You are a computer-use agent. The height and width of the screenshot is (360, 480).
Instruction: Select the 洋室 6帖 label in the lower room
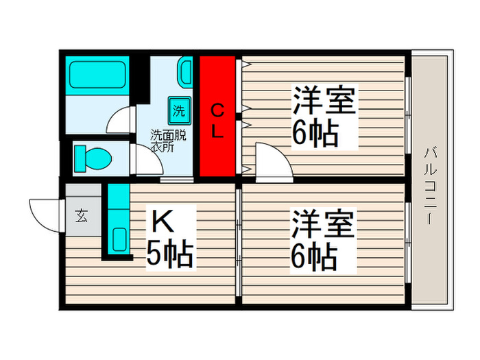(322, 240)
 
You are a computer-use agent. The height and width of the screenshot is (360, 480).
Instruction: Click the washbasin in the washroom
(186, 72)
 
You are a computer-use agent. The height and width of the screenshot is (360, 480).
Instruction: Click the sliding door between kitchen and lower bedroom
(238, 243)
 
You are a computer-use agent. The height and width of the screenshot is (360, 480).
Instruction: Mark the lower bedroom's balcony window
(408, 243)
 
